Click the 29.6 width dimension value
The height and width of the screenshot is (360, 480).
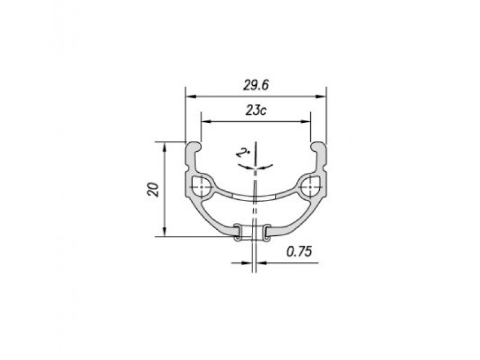click(256, 85)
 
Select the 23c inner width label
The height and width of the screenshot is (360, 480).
click(256, 110)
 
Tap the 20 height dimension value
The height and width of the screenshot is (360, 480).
click(153, 190)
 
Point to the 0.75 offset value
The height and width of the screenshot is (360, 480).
click(299, 251)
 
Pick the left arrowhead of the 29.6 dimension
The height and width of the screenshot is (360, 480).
click(191, 97)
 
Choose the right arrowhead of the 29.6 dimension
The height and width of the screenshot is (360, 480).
click(321, 97)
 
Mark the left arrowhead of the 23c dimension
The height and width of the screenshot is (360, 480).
click(206, 122)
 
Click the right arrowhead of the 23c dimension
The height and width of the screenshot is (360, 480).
click(305, 122)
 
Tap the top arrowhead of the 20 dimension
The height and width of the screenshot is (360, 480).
click(164, 147)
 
